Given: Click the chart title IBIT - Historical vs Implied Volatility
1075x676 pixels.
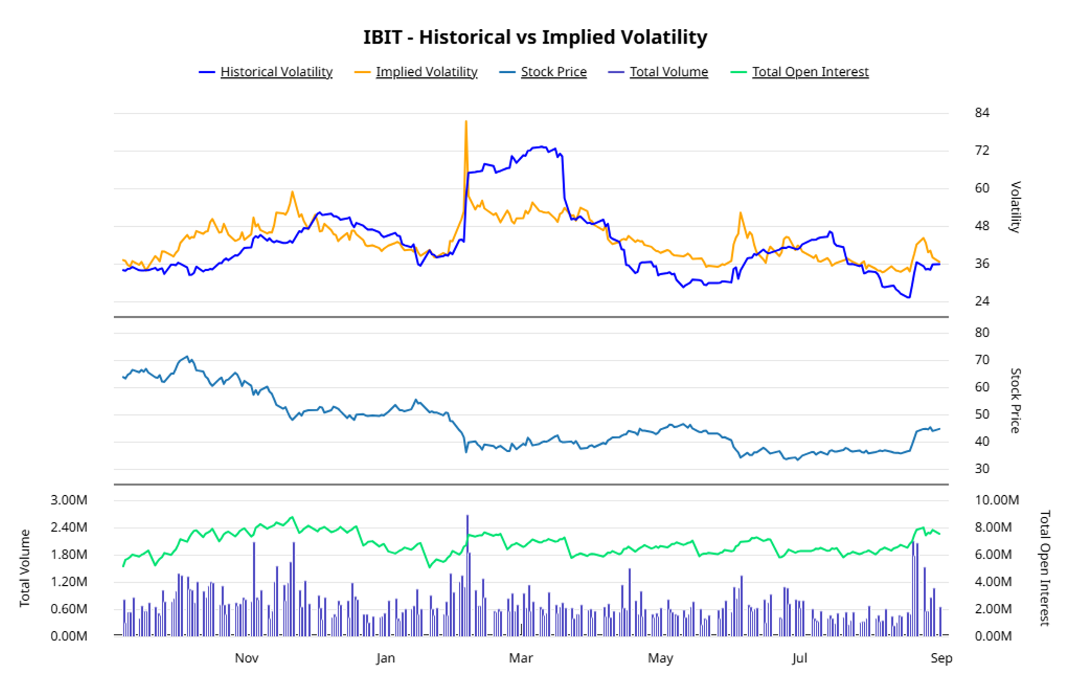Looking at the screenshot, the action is click(535, 37).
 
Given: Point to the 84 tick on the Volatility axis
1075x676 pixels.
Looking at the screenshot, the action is click(982, 113).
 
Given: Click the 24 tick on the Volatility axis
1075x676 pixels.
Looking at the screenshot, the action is click(982, 301).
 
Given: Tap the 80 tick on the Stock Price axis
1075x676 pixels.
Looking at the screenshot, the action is click(982, 333).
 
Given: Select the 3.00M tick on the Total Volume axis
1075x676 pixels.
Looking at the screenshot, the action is click(69, 500).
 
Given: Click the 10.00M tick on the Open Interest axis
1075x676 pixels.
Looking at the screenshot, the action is click(997, 500).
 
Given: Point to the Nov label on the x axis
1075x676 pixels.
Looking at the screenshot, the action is click(247, 658).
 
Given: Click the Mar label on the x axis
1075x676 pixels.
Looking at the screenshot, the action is click(521, 658).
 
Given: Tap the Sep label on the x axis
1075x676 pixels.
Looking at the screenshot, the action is click(942, 658).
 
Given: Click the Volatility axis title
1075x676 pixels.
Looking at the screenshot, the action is click(1016, 207).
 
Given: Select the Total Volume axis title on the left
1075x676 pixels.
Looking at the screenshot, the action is click(25, 568).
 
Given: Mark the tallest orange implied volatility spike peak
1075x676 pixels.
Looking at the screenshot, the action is click(466, 121).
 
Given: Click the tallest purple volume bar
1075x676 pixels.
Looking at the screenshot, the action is click(467, 575).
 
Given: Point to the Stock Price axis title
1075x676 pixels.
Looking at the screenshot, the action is click(1016, 401).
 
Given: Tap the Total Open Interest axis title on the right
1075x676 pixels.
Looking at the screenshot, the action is click(1045, 568).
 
